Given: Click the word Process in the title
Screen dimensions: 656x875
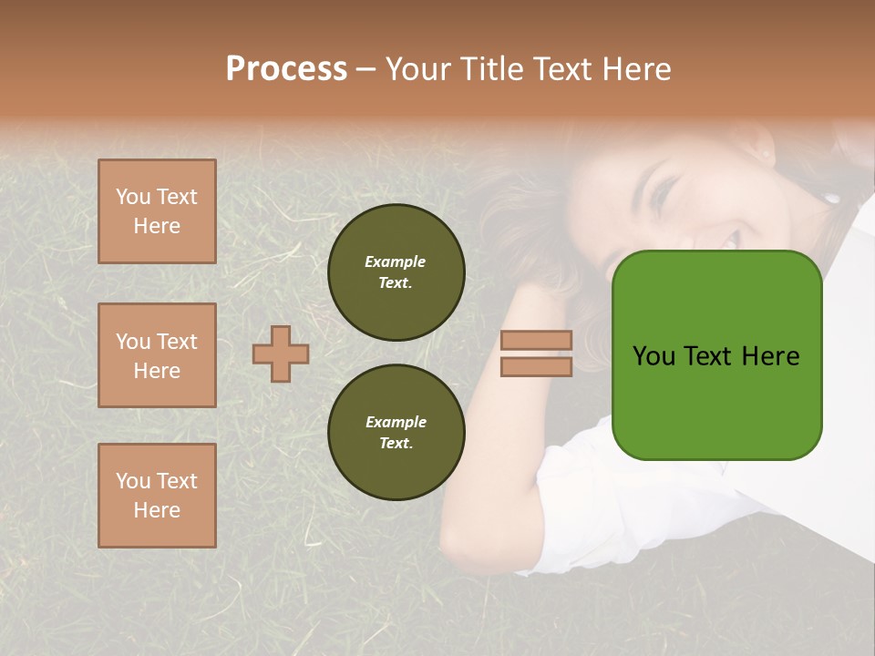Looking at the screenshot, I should click(x=286, y=69).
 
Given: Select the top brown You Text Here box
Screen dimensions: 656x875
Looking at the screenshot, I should click(x=157, y=211).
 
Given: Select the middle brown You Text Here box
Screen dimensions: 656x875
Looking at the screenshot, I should click(x=157, y=355).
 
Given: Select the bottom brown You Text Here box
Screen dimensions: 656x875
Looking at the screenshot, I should click(x=157, y=496).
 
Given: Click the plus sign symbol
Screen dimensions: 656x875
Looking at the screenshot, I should click(x=281, y=354).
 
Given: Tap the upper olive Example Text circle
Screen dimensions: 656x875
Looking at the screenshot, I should click(x=396, y=272).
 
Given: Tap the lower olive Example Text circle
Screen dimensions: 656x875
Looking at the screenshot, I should click(x=396, y=433).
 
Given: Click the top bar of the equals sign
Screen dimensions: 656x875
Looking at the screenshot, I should click(x=536, y=341).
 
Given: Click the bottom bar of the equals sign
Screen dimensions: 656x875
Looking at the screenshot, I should click(x=536, y=366).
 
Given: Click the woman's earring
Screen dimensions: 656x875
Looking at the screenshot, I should click(x=831, y=197).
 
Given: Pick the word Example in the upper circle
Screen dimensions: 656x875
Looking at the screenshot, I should click(x=396, y=262).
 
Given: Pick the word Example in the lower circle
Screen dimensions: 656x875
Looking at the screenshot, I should click(x=396, y=423).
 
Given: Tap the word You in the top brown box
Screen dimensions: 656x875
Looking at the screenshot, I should click(x=133, y=197).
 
